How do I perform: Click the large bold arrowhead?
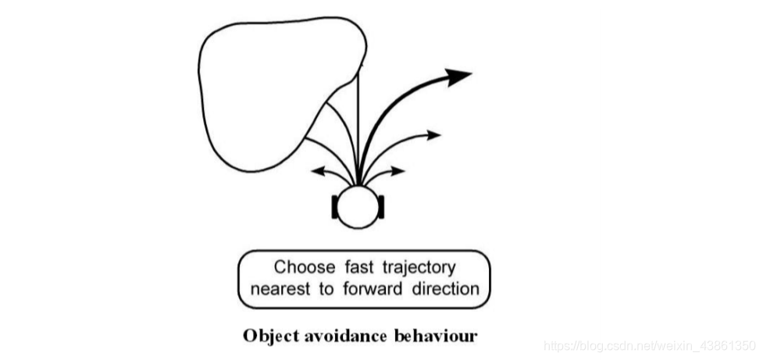460,74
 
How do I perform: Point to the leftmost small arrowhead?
317,169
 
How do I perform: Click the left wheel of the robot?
337,208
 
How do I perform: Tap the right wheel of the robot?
382,208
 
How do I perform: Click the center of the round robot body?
359,207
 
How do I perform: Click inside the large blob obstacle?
266,86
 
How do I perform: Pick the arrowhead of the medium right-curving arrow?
434,134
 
